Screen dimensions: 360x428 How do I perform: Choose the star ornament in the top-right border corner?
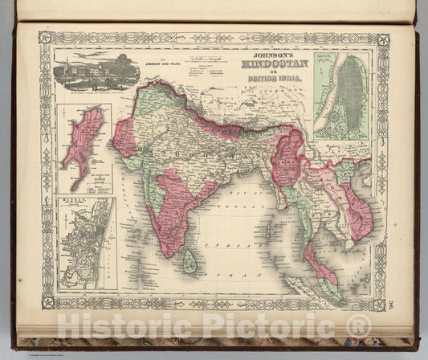(x=383, y=39)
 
